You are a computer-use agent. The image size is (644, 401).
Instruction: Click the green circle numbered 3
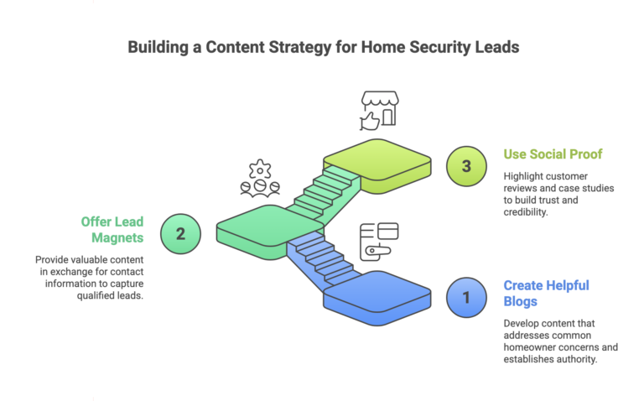pos(466,165)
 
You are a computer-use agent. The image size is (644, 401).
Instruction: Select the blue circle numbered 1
pos(466,297)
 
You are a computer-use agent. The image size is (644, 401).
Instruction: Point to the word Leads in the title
pos(496,47)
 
